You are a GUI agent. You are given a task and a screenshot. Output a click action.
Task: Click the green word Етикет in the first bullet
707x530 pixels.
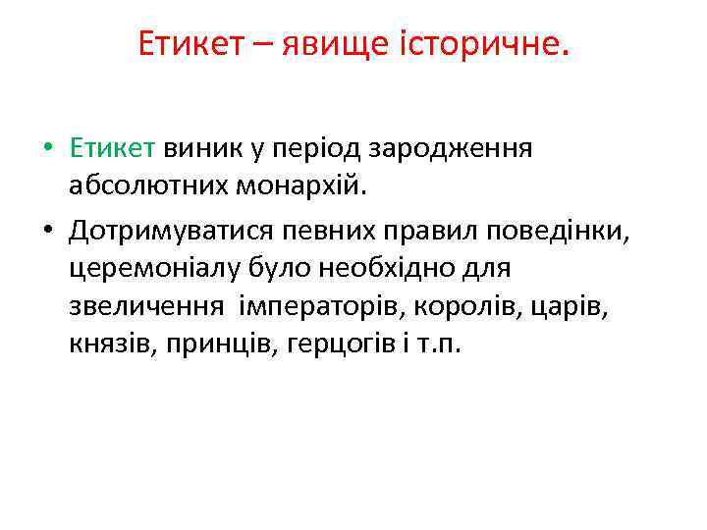(113, 149)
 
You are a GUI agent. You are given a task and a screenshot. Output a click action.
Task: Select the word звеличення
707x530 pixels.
(146, 305)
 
